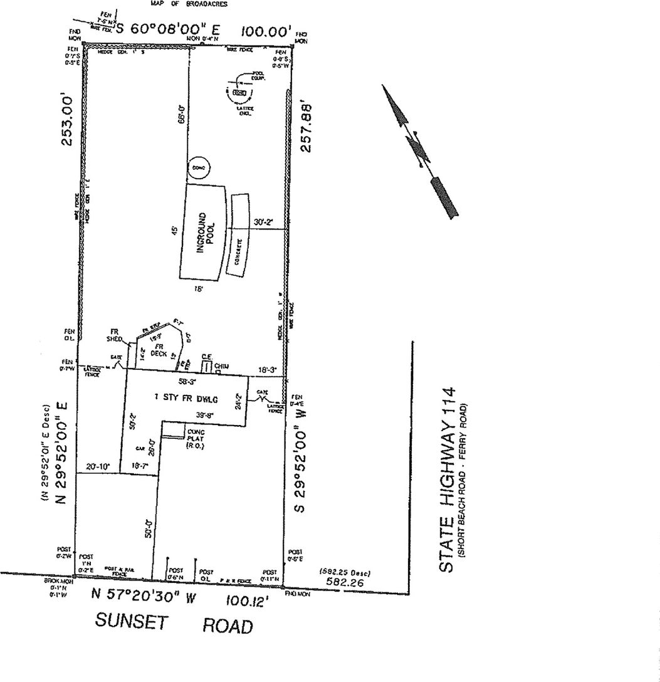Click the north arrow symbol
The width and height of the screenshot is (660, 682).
[419, 150]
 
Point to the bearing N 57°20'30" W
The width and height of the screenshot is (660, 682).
[144, 595]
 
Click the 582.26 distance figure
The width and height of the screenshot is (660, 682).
[345, 582]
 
